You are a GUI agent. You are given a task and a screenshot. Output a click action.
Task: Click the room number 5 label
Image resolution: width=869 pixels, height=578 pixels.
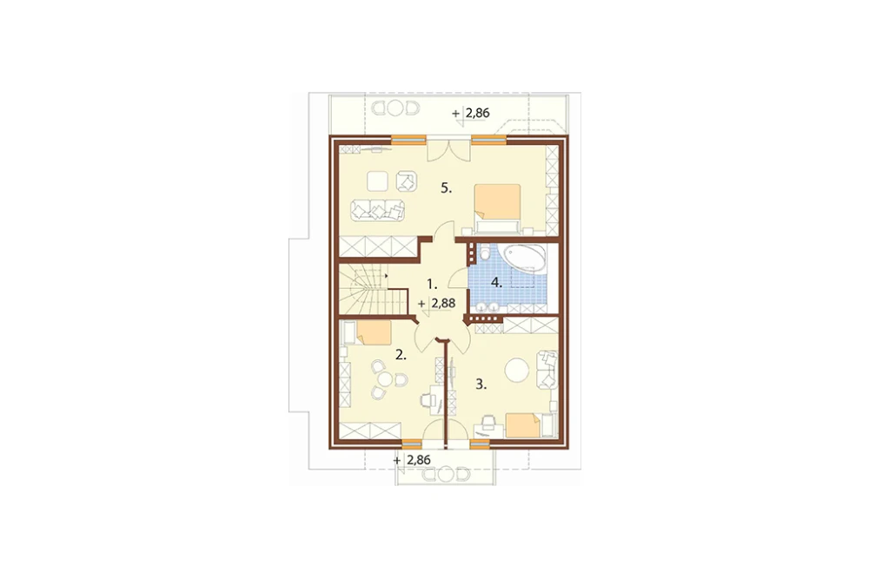click(x=446, y=188)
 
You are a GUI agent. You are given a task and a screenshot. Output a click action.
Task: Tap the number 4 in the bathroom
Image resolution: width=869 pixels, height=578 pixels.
click(x=496, y=283)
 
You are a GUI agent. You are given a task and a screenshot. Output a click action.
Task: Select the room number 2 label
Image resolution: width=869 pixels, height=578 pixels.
click(x=401, y=355)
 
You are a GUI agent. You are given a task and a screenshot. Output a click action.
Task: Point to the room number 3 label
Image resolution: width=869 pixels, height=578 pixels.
click(x=481, y=384)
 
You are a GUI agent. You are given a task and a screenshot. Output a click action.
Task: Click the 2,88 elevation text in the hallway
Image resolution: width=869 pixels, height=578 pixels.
click(x=443, y=304)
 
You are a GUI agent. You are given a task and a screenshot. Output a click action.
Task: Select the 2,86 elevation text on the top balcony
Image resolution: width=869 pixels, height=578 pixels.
click(x=477, y=113)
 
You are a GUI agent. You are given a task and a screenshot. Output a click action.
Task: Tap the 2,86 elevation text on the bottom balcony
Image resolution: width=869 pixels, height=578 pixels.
click(x=419, y=460)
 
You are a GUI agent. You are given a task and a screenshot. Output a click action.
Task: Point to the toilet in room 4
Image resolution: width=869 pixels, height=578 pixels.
click(x=485, y=253)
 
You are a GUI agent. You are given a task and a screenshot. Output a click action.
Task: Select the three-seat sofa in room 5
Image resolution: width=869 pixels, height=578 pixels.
click(x=377, y=211)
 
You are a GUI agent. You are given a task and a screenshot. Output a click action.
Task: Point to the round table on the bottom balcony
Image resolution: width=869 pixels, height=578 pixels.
click(x=446, y=475)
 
